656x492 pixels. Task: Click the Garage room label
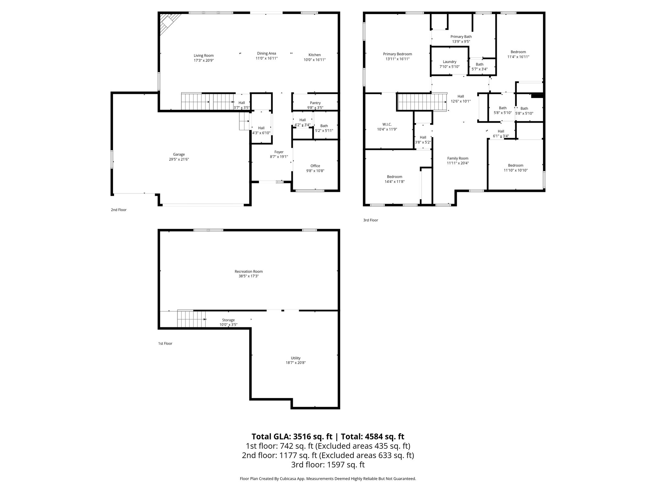[179, 154]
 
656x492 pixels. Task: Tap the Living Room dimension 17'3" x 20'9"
[203, 60]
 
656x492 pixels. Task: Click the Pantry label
[315, 103]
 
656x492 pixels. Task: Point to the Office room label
[315, 166]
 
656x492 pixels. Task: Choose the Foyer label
[279, 152]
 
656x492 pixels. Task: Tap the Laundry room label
[449, 62]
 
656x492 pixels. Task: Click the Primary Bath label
[461, 37]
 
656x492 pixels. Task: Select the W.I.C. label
[387, 124]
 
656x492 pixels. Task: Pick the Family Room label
[458, 158]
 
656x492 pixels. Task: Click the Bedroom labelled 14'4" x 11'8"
[394, 177]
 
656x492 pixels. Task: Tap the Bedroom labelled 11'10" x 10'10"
[515, 166]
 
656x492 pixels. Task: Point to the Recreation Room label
[249, 271]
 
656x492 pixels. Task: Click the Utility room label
[296, 358]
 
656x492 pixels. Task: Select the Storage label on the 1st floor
[228, 320]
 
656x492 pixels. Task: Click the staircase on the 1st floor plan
[191, 319]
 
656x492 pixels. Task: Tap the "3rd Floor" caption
[370, 220]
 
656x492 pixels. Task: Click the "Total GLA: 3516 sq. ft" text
[292, 437]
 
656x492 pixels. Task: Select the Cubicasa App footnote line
[328, 479]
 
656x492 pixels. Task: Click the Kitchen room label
[315, 55]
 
